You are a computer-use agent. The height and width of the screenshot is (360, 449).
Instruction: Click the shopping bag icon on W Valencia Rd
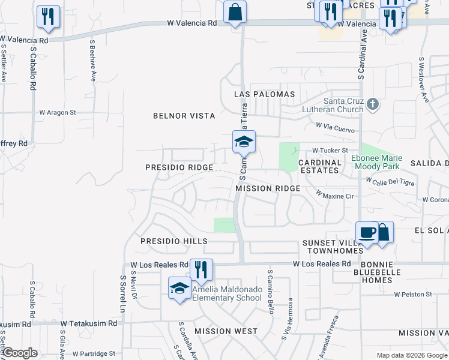coord(235,13)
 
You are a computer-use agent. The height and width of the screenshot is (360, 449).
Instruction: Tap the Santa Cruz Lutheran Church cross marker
coord(373,104)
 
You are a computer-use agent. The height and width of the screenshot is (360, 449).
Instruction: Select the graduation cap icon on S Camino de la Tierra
coord(244,143)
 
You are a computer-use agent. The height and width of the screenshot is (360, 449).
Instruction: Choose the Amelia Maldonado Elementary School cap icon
coord(179,289)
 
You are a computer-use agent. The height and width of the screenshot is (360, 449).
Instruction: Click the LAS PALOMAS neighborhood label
coord(264,95)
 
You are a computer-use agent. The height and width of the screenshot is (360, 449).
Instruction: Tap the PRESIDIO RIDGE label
coord(179,167)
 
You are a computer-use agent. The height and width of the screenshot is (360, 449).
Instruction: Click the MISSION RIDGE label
coord(268,188)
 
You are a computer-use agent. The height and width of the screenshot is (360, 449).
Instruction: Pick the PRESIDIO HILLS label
coord(174,241)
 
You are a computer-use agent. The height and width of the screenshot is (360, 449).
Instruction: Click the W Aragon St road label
coord(58,112)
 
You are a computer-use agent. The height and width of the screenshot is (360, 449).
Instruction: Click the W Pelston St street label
coord(413,295)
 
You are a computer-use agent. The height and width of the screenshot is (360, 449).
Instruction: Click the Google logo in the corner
coord(20,353)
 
